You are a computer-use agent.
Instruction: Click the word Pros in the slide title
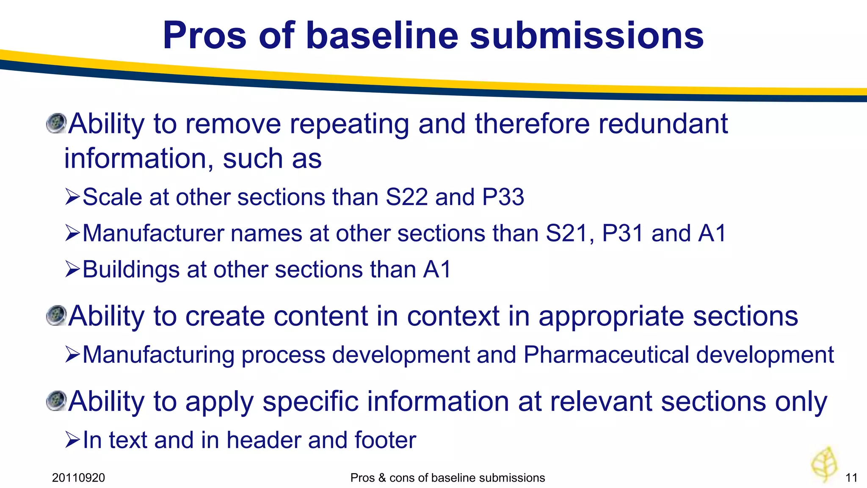204,36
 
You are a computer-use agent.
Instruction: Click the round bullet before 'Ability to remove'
56,123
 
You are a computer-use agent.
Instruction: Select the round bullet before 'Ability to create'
56,316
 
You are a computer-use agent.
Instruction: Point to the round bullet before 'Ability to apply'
56,401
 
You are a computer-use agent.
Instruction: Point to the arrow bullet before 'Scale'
72,197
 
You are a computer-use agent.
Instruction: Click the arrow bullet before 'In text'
72,440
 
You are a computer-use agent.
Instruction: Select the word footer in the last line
385,440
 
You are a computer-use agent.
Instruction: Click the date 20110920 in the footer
78,478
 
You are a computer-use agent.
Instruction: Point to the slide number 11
851,478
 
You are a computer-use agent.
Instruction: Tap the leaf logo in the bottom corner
824,464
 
